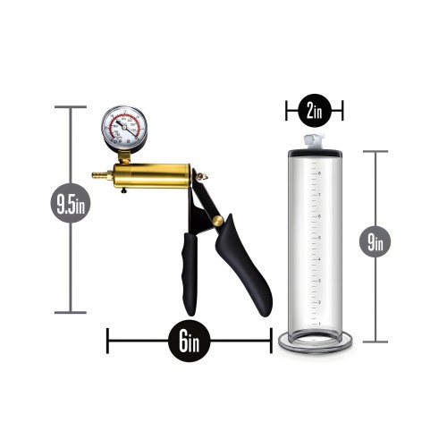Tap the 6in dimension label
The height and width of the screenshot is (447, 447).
[x=189, y=341]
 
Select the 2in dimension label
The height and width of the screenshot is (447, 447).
[x=313, y=111]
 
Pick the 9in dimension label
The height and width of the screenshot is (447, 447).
[x=375, y=240]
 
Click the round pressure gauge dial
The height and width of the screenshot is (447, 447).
[x=124, y=128]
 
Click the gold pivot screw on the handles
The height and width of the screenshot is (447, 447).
[x=217, y=220]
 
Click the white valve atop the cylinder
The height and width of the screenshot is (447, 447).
[x=312, y=141]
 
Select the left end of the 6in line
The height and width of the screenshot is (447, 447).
[x=107, y=341]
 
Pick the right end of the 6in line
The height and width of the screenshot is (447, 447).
[x=270, y=341]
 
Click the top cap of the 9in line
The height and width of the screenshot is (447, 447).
[x=375, y=151]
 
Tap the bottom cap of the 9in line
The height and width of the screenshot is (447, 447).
[x=375, y=341]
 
